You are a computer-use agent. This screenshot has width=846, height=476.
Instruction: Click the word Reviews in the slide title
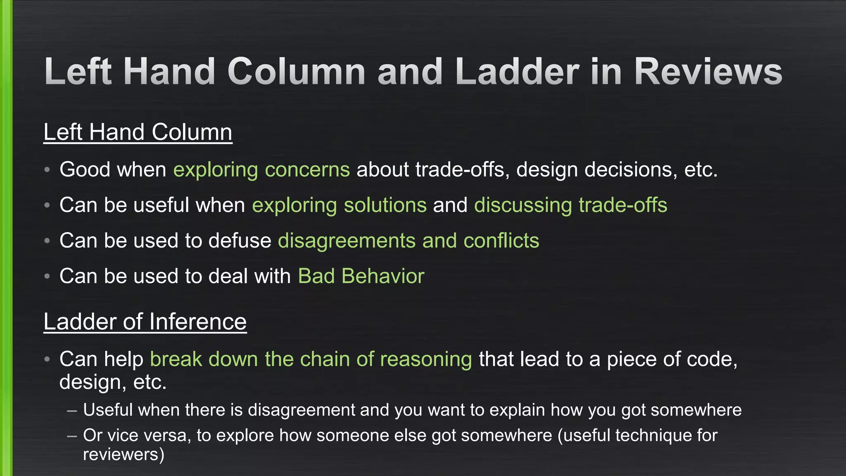(x=708, y=71)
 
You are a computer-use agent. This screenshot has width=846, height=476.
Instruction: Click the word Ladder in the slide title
(x=517, y=71)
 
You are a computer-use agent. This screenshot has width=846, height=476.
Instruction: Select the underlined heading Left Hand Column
(x=138, y=132)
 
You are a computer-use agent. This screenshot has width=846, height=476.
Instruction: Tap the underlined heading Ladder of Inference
(x=145, y=321)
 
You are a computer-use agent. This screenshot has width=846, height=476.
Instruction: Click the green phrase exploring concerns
(x=261, y=170)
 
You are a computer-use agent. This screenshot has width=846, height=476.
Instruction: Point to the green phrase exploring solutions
(x=339, y=205)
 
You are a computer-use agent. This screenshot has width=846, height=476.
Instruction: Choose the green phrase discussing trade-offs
(x=570, y=205)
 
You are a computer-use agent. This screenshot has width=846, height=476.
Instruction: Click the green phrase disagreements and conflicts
(x=409, y=241)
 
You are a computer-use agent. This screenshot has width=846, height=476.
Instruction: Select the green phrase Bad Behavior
(x=361, y=276)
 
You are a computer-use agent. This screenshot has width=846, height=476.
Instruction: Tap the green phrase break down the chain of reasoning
(x=311, y=359)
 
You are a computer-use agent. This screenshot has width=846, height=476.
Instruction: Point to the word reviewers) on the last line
(x=124, y=455)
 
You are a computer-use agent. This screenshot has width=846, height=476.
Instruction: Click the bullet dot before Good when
(x=48, y=170)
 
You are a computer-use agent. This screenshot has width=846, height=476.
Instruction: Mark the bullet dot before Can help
(x=48, y=359)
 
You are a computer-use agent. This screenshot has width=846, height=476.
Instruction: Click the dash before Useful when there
(x=72, y=411)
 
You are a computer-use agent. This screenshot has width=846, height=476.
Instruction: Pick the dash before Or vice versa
(x=72, y=436)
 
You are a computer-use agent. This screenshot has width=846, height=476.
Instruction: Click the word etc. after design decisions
(x=701, y=170)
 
